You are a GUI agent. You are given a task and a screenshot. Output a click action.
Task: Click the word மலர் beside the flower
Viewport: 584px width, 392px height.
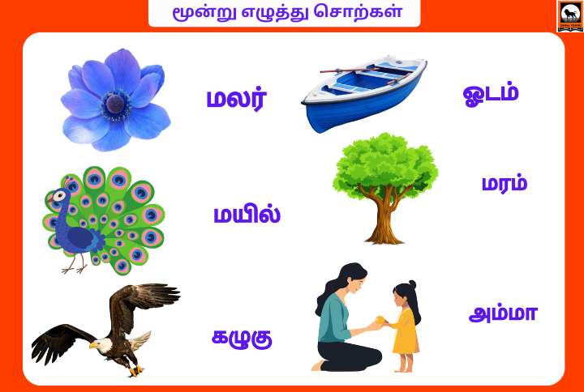[236, 100]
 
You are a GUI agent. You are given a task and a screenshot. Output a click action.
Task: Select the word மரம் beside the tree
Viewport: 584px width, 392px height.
[504, 183]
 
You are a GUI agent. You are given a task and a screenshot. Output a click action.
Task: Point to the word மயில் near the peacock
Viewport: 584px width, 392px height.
[247, 215]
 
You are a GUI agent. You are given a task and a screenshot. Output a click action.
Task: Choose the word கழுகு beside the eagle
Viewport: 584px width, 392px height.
[242, 337]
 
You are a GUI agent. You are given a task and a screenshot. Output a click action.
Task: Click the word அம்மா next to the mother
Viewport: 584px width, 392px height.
[502, 313]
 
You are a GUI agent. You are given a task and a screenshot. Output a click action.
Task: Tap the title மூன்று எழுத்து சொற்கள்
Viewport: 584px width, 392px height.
[284, 14]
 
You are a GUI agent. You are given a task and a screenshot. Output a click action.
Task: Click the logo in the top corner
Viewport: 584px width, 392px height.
[569, 15]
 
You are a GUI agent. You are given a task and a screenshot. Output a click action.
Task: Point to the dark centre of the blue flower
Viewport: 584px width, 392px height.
[115, 103]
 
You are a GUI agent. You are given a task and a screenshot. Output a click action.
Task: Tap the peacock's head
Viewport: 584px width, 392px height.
[58, 196]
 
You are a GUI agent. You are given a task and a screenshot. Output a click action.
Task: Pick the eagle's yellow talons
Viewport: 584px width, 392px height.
[135, 370]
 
